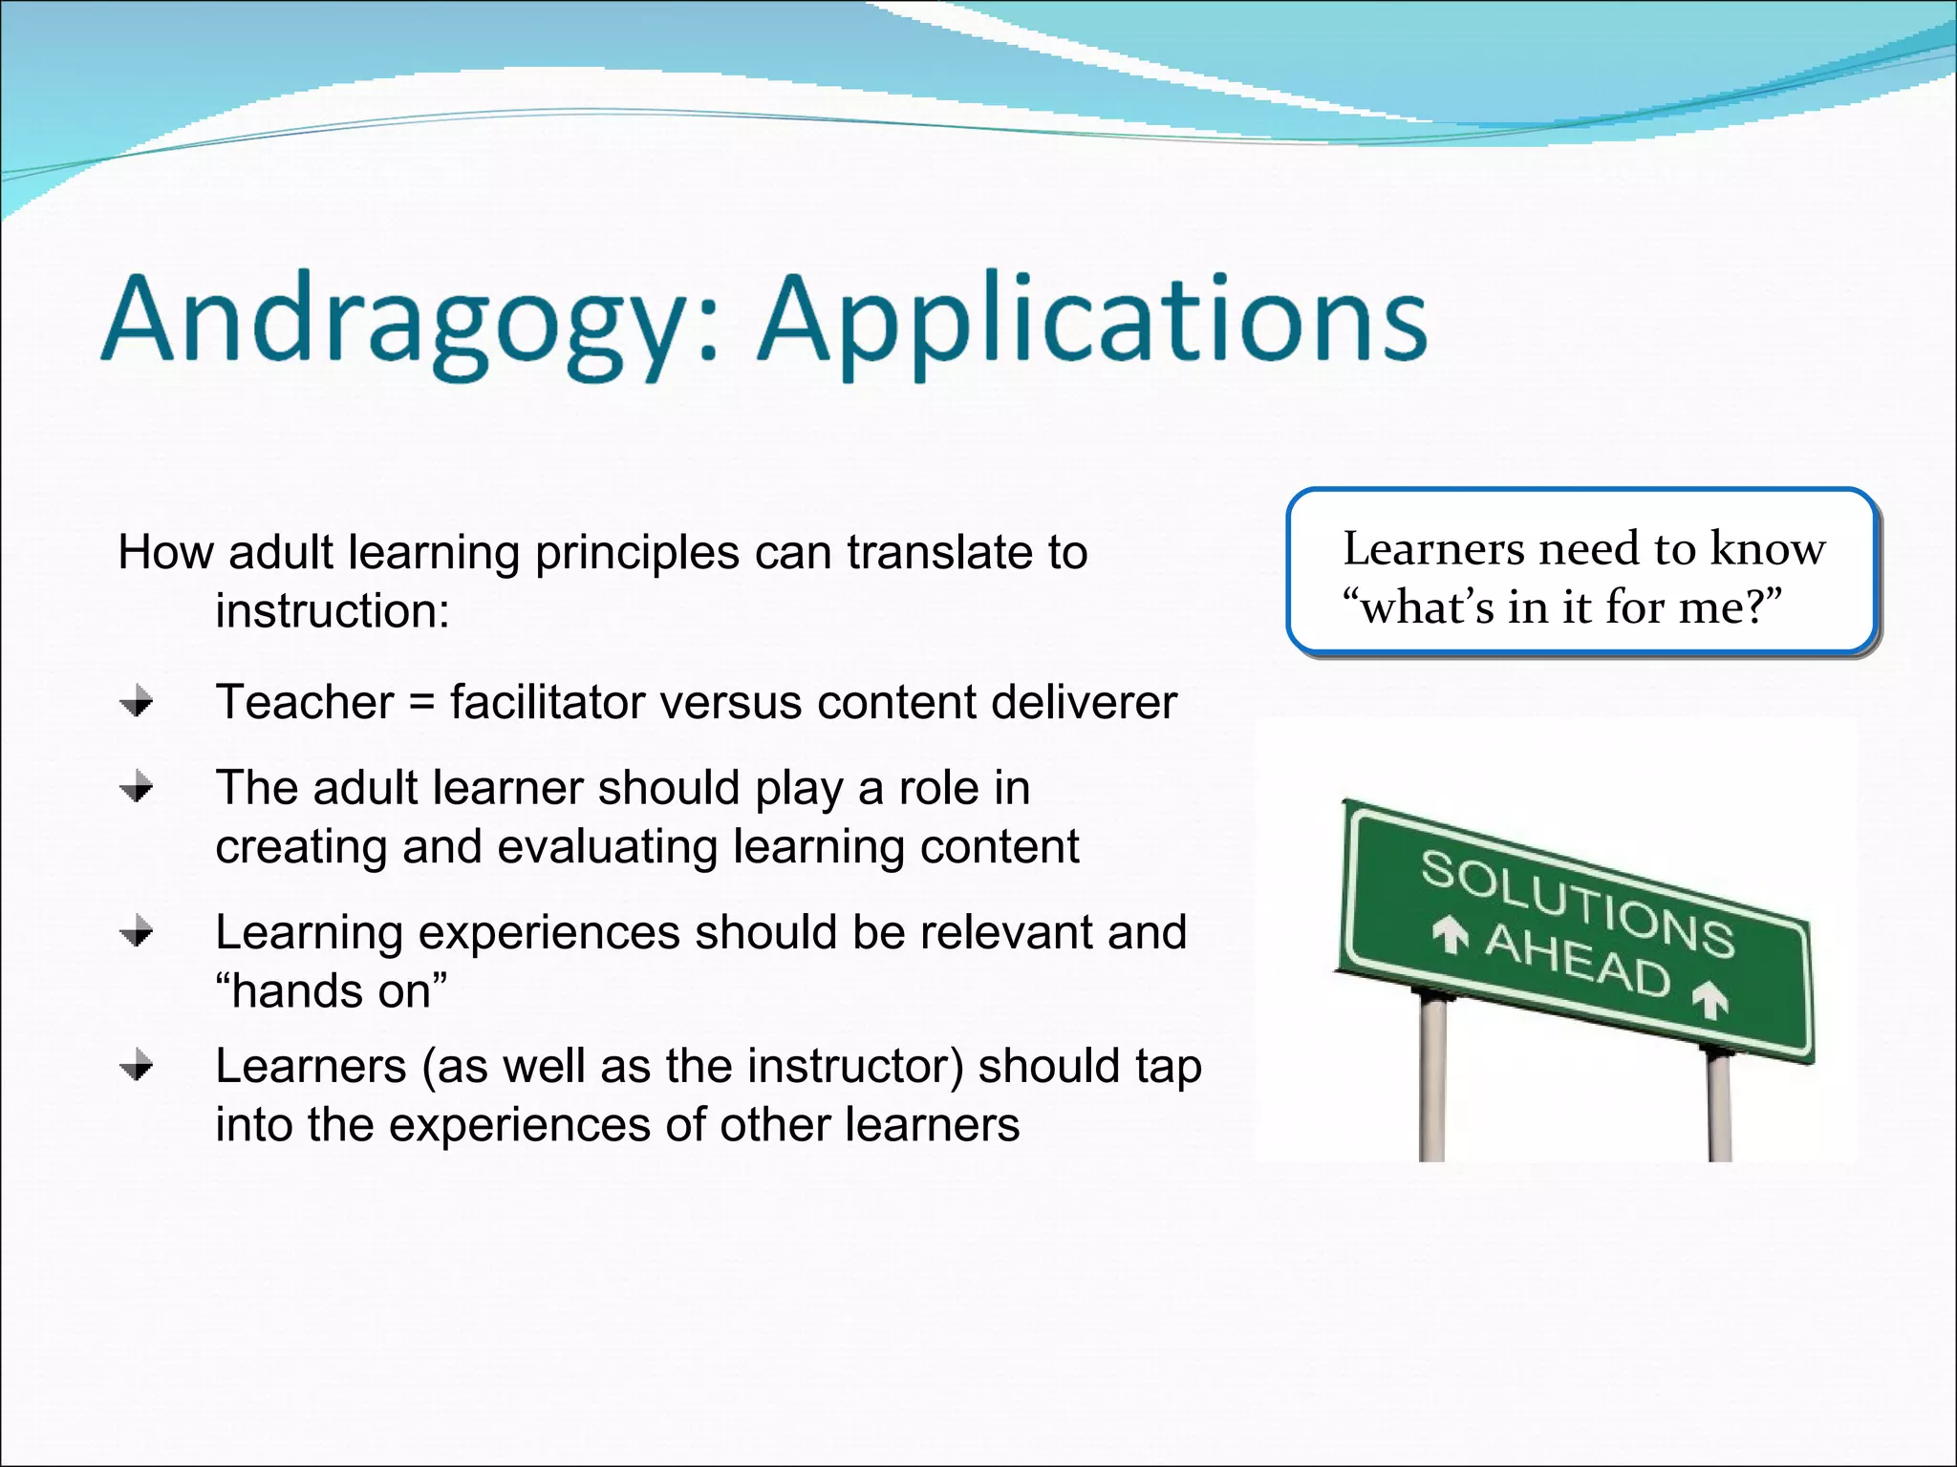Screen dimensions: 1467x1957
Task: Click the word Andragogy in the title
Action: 401,320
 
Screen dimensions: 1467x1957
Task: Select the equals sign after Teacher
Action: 421,704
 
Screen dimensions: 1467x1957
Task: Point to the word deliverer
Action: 1084,702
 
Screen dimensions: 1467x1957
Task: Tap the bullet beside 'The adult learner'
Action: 137,788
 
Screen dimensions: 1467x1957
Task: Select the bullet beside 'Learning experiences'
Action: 137,932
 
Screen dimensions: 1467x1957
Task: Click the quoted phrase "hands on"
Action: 331,991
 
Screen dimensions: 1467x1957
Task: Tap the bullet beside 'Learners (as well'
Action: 137,1066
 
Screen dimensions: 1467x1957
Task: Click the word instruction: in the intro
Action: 332,611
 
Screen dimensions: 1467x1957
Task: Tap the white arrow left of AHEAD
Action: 1450,933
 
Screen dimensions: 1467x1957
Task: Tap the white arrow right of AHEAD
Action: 1710,999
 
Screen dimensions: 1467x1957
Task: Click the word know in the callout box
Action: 1767,549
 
